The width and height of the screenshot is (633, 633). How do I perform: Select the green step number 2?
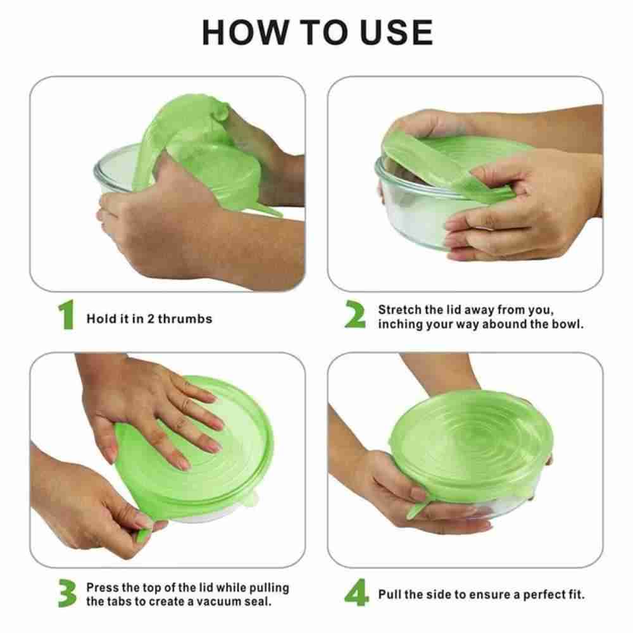tap(355, 314)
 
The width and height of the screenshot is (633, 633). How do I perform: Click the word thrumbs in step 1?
tap(185, 319)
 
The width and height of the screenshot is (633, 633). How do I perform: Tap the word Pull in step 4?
tap(389, 594)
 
